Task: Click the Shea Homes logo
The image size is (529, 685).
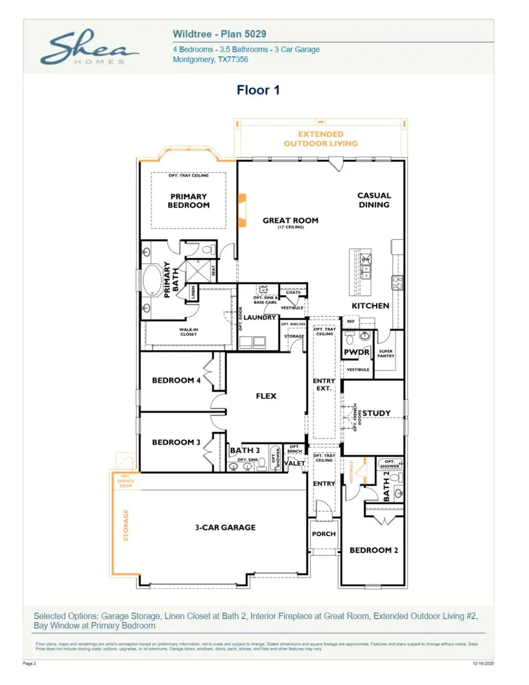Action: pyautogui.click(x=89, y=48)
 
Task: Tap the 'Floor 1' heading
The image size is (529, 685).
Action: pyautogui.click(x=258, y=90)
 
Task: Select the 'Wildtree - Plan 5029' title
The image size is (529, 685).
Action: pyautogui.click(x=219, y=35)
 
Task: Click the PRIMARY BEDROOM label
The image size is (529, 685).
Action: pyautogui.click(x=189, y=201)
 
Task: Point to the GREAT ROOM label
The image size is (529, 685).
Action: pyautogui.click(x=290, y=221)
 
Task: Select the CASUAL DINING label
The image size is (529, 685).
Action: pyautogui.click(x=374, y=200)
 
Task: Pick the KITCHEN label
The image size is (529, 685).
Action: pyautogui.click(x=370, y=306)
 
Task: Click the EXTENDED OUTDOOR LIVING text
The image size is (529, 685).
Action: pyautogui.click(x=320, y=139)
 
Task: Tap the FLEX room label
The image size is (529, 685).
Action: pyautogui.click(x=266, y=396)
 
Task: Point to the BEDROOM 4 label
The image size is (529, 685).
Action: pyautogui.click(x=176, y=381)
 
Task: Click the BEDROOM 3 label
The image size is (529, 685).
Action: pyautogui.click(x=176, y=442)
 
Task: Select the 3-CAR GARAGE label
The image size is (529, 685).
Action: pyautogui.click(x=225, y=528)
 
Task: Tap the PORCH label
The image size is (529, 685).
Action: pyautogui.click(x=323, y=534)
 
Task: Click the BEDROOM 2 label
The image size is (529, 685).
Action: pyautogui.click(x=374, y=550)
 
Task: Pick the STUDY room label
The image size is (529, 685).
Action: pyautogui.click(x=376, y=414)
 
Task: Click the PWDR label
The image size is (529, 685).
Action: pyautogui.click(x=357, y=352)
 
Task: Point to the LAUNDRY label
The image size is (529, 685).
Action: pyautogui.click(x=260, y=318)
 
